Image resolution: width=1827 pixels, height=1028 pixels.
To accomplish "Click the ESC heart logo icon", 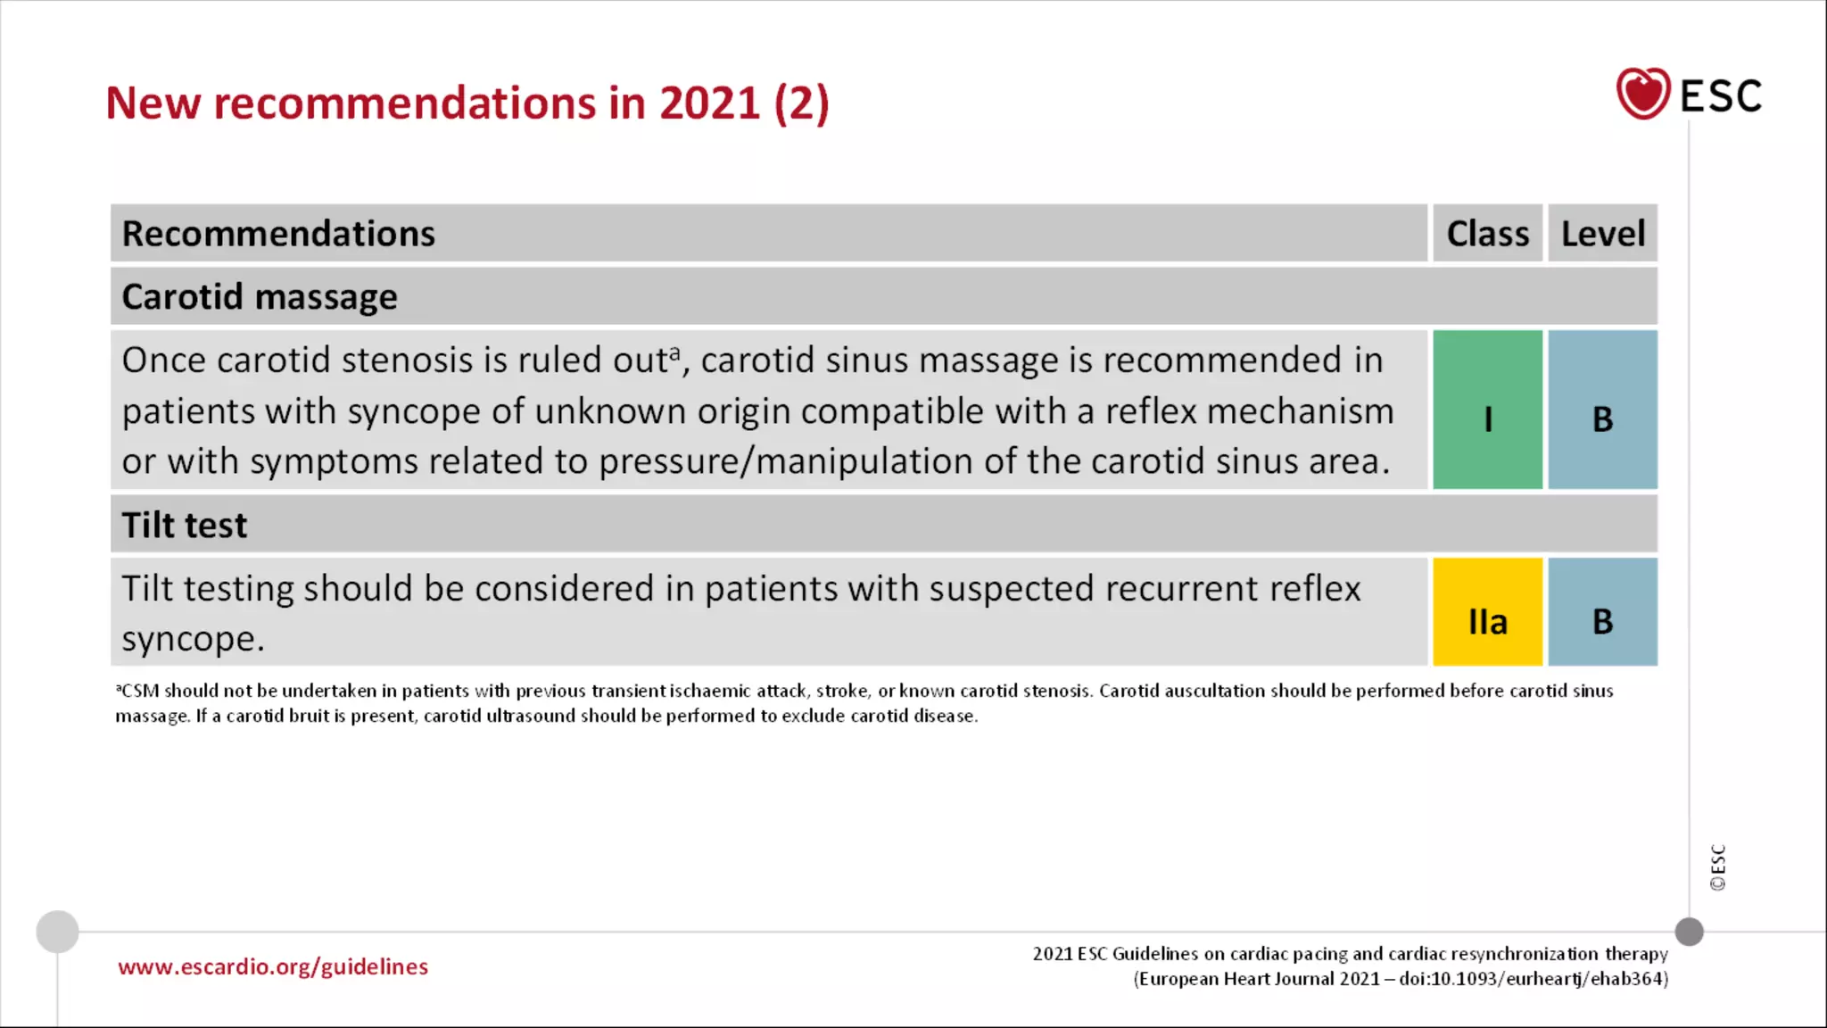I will click(x=1642, y=94).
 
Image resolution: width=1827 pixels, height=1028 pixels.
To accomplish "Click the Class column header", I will click(x=1487, y=234).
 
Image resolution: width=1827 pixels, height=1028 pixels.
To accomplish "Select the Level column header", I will click(x=1602, y=234).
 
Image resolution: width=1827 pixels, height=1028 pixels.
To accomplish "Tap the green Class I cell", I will click(x=1487, y=410).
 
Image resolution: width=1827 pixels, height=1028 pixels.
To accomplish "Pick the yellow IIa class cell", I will click(x=1487, y=613).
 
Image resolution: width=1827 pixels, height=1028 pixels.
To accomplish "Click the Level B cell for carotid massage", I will click(x=1602, y=410).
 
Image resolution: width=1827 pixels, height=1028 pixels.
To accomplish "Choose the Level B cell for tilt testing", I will click(x=1602, y=613).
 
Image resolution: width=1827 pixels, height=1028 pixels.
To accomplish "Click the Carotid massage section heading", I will click(x=260, y=297).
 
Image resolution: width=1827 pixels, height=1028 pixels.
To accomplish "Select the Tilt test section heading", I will click(x=185, y=526).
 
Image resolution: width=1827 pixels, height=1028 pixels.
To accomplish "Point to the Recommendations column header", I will click(x=278, y=234).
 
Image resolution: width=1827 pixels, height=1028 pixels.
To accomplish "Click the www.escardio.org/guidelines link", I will click(x=273, y=967).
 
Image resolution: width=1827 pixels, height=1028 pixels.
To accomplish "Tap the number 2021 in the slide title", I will click(x=709, y=104).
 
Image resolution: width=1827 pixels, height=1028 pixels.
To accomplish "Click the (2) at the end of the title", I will click(x=801, y=104).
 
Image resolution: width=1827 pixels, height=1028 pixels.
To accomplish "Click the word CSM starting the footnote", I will click(x=140, y=692).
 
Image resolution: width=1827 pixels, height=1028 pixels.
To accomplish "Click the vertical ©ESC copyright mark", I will click(x=1717, y=867).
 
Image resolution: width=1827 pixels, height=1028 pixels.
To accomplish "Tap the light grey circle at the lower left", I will click(x=57, y=932).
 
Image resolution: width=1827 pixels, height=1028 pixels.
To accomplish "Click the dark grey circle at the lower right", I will click(x=1689, y=932).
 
